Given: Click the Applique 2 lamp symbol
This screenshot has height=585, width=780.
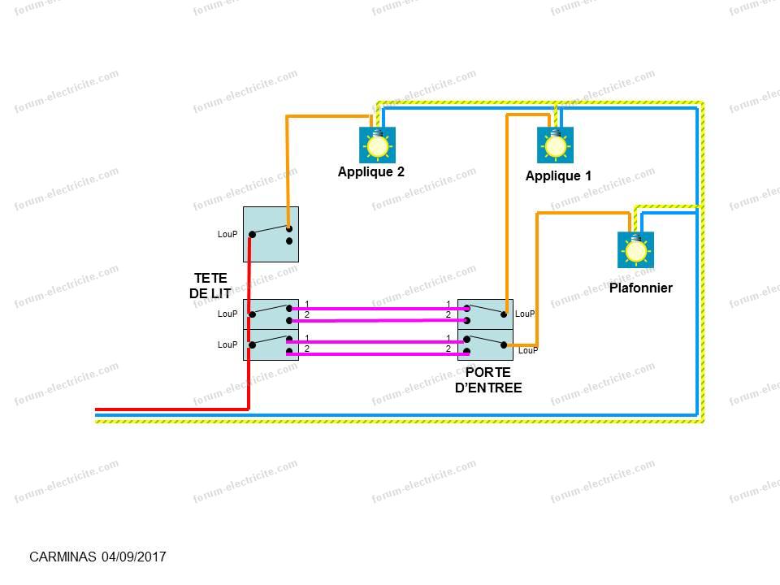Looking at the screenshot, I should [377, 145].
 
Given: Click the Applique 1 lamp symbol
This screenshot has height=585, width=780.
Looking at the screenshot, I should [555, 145].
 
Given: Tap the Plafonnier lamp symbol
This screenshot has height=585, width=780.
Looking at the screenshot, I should [635, 250].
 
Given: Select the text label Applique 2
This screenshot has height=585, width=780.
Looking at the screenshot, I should [370, 172].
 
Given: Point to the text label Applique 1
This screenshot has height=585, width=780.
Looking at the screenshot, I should [558, 176].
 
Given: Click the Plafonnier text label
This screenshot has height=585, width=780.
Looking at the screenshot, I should [641, 288].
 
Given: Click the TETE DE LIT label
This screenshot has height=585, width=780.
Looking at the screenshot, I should [210, 285].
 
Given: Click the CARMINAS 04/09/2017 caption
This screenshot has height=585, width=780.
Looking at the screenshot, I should [97, 557].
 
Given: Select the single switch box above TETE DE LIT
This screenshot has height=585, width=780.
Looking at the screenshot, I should [271, 234].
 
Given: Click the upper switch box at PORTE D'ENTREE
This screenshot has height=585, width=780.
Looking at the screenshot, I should [486, 314].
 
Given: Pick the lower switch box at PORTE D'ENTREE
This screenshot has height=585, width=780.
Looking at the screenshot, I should [486, 345].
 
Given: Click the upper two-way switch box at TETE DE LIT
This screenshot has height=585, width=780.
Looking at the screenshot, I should [271, 314].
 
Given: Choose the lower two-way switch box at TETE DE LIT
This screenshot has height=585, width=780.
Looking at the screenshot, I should [271, 345].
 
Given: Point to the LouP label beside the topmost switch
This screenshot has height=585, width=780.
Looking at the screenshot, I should [227, 235].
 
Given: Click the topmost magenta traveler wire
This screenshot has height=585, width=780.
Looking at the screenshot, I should [378, 309].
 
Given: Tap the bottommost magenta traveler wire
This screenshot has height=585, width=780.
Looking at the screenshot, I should [378, 354].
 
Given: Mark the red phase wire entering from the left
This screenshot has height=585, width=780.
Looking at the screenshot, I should [162, 409].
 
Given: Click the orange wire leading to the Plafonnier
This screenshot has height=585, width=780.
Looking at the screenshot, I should [581, 214].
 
